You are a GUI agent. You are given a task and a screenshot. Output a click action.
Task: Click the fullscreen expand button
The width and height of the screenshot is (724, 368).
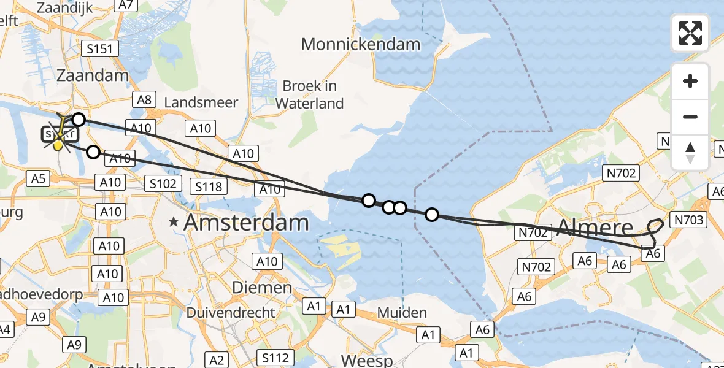[690, 33]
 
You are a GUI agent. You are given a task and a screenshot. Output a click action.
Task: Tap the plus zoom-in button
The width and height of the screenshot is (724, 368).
[690, 81]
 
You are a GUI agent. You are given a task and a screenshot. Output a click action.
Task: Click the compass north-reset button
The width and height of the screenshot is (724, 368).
[690, 153]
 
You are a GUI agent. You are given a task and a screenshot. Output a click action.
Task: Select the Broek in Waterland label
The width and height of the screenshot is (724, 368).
[309, 94]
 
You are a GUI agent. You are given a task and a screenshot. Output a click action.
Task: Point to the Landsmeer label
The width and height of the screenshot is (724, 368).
[201, 102]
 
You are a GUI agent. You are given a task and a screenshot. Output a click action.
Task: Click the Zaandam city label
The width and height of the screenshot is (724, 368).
[93, 75]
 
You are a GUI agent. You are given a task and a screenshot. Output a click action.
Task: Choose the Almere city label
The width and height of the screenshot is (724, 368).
[595, 228]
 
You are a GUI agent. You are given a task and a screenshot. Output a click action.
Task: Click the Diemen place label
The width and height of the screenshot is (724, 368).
[262, 287]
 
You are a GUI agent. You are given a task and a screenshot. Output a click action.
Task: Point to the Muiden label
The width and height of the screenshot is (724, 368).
[402, 313]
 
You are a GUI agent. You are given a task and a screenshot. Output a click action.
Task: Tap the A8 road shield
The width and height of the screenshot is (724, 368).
[145, 99]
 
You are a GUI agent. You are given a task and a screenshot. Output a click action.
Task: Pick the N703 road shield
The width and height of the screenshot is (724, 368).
[690, 220]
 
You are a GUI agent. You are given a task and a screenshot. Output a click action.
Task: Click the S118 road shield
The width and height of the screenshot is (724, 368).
[209, 186]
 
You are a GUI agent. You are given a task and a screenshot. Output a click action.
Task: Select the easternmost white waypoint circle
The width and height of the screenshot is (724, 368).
[432, 215]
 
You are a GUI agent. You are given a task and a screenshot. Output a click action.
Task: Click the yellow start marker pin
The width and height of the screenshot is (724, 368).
[58, 145]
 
